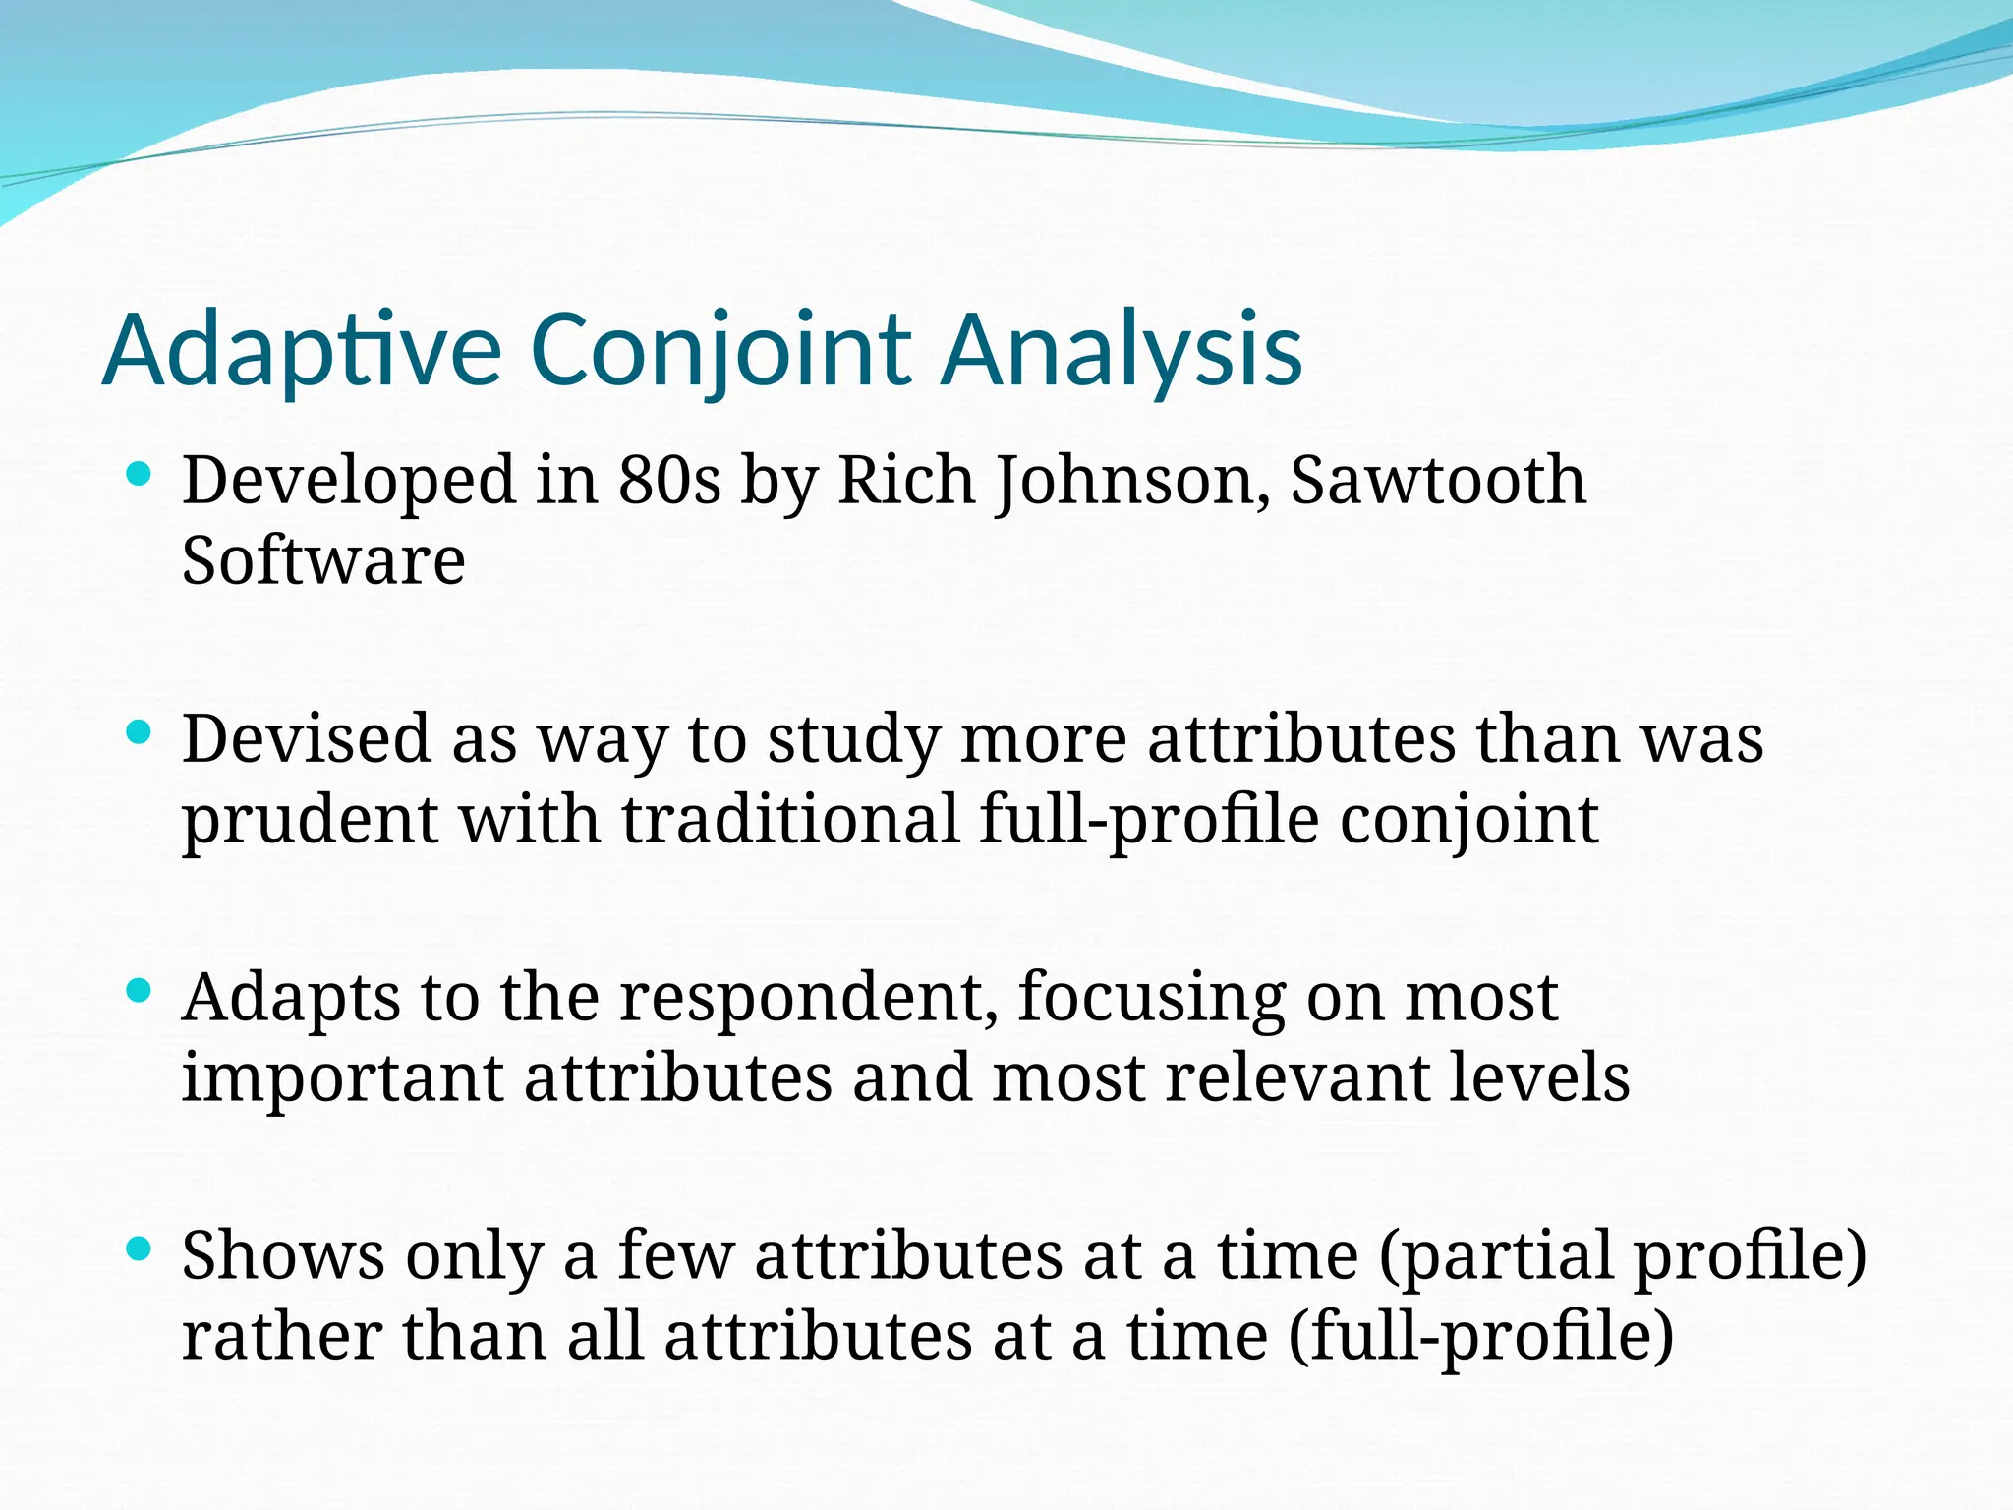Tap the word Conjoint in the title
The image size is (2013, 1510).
click(720, 351)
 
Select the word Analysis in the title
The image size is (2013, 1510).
click(1122, 351)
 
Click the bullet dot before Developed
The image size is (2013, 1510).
click(139, 475)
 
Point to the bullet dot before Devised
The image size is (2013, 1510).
click(139, 732)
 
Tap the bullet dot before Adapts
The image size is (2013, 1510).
click(139, 991)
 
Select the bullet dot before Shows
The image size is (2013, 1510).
click(139, 1249)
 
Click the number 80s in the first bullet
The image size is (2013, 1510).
click(669, 481)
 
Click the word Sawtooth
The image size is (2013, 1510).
click(1437, 481)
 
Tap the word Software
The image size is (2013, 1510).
click(323, 561)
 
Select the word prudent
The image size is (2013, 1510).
click(310, 820)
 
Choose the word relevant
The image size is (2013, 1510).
click(1296, 1078)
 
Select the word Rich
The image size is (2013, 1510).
click(904, 481)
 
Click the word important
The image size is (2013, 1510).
click(341, 1078)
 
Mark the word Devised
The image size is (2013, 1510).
click(307, 738)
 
